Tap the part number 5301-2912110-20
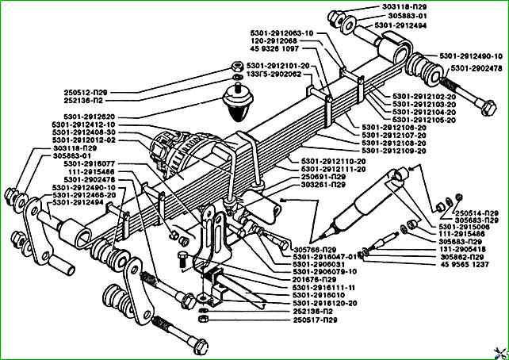pyautogui.click(x=332, y=162)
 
